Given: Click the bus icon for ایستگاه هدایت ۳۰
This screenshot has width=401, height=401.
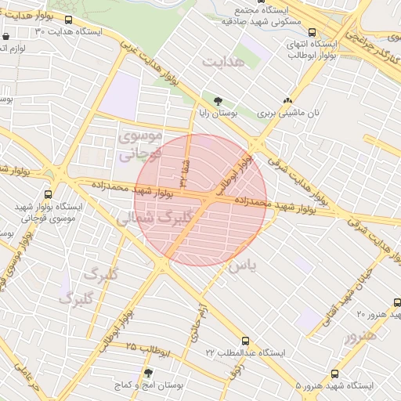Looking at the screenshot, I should coord(69,20).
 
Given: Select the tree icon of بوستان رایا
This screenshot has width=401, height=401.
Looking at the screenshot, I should coord(218,101).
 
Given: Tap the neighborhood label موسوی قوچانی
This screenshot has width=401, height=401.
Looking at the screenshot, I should coord(140,145).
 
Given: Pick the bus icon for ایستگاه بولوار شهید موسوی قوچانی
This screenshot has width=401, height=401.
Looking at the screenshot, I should coord(49,193).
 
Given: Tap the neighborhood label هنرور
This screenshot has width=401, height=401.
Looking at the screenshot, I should coord(360,334).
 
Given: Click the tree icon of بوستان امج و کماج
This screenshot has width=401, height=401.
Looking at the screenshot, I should coord(149,373).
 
